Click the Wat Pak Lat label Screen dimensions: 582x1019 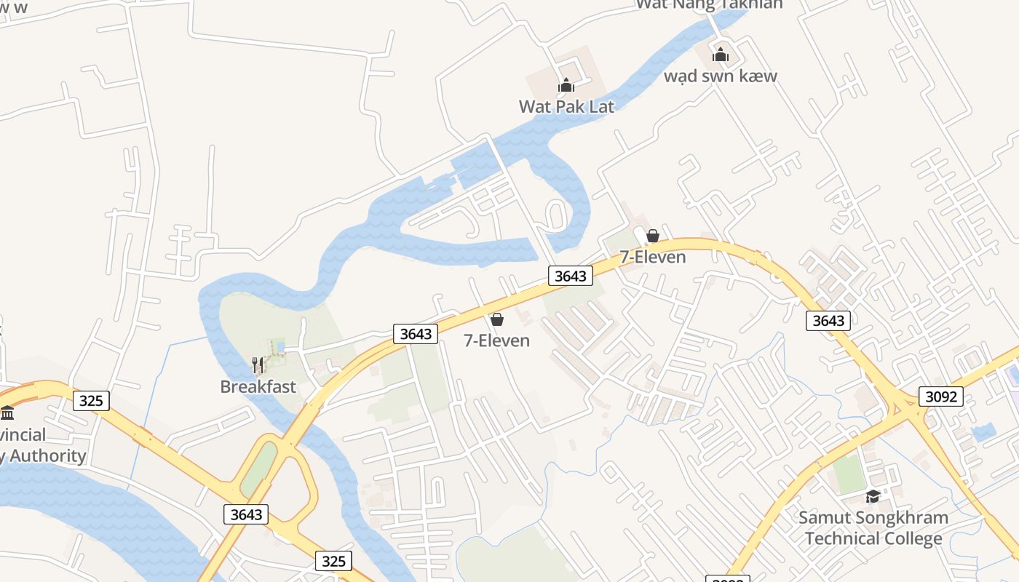click(566, 106)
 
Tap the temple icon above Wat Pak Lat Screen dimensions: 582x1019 click(566, 86)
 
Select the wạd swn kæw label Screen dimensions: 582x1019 click(721, 76)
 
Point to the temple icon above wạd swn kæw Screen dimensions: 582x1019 click(721, 55)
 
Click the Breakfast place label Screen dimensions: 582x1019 click(258, 386)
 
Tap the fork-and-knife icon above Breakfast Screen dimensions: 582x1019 click(258, 365)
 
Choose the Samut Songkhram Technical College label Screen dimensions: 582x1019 click(873, 528)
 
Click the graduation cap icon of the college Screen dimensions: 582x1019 click(873, 496)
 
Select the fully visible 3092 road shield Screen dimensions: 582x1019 click(941, 396)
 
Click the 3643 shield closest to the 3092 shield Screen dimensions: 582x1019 click(828, 320)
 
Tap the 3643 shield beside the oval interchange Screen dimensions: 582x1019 click(246, 514)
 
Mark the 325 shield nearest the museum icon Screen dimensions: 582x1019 click(91, 400)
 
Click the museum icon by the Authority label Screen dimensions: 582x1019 click(7, 413)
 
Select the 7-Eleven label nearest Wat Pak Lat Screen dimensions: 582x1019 click(653, 257)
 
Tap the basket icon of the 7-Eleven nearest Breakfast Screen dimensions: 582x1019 click(497, 319)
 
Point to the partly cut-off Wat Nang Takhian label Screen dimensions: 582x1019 click(710, 4)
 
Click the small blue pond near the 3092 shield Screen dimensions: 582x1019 click(983, 433)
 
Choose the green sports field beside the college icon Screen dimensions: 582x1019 click(849, 473)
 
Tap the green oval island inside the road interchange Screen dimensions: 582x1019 click(259, 469)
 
